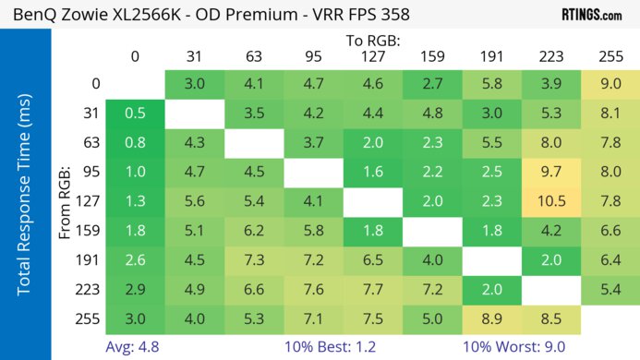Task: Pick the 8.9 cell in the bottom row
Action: [x=494, y=320]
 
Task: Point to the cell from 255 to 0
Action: [x=136, y=320]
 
